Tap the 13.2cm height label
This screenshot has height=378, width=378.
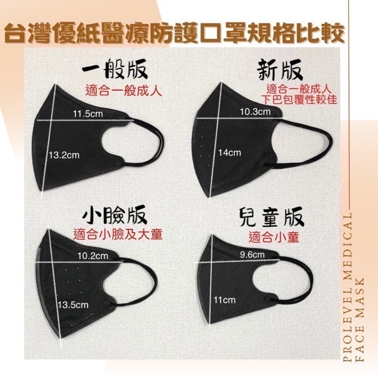point(64,155)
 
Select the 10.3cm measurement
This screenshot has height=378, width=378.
point(256,112)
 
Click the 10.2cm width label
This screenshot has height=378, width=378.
point(93,256)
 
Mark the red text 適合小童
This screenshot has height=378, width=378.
point(274,237)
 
